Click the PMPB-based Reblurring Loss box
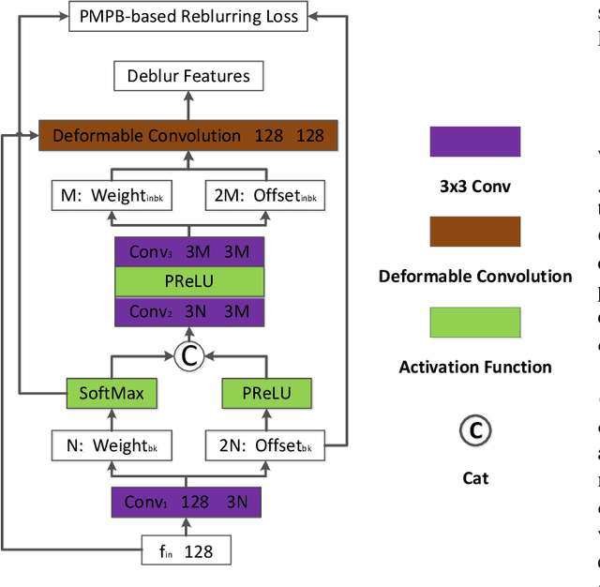[188, 16]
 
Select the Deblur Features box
[188, 76]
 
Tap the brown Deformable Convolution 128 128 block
[188, 136]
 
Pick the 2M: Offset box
[263, 196]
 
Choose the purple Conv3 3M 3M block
[188, 251]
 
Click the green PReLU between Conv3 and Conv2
[188, 281]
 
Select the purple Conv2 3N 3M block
[188, 311]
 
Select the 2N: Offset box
[263, 446]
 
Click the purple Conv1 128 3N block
[186, 502]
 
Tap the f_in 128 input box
[186, 550]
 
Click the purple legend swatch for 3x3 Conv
[474, 142]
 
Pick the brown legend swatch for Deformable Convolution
[474, 232]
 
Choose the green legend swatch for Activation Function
[474, 323]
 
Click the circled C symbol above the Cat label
[475, 430]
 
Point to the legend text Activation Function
[475, 367]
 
